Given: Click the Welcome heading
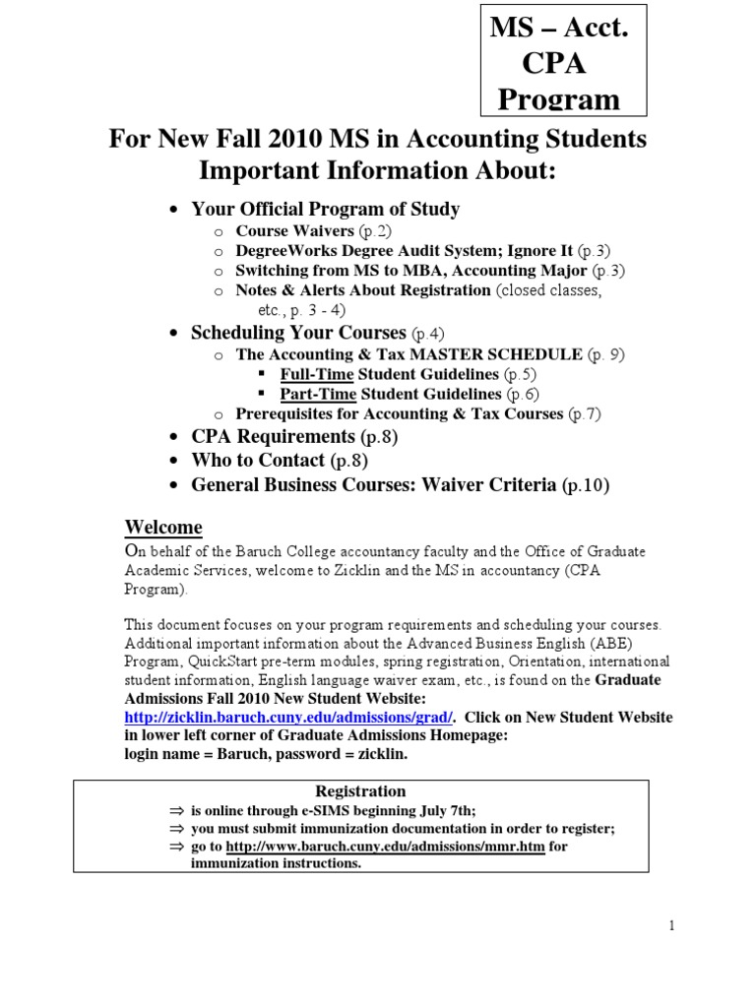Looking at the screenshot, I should point(162,526).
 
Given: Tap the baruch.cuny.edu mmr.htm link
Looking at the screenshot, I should point(385,846).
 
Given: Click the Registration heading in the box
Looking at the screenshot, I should point(360,790).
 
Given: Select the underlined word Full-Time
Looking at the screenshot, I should point(317,374).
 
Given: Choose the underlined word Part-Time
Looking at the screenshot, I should point(317,394).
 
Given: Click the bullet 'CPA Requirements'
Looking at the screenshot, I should point(273,436).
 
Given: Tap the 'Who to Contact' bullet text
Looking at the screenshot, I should point(258,460).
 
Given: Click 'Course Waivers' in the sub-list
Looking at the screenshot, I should point(294,230).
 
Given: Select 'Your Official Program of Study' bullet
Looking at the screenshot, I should point(325,209).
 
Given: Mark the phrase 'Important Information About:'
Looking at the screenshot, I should point(378,171).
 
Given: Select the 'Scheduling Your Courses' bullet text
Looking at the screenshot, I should point(297,333).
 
